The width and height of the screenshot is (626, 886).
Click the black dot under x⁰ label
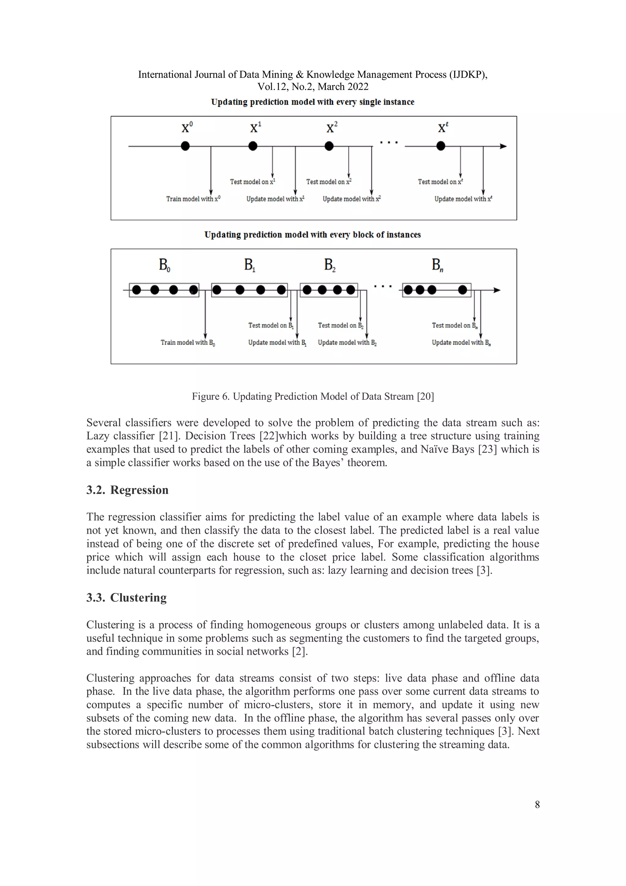(185, 146)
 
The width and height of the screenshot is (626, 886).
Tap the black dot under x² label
(329, 146)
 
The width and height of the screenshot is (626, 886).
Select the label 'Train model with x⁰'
(193, 199)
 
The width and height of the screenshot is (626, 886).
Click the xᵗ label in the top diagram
(443, 127)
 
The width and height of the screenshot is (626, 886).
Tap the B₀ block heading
(164, 265)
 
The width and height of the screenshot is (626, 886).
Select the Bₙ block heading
(437, 265)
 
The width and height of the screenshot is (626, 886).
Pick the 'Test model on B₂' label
(341, 325)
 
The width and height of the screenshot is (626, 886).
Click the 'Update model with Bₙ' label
(461, 342)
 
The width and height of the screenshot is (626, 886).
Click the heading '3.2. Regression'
(127, 490)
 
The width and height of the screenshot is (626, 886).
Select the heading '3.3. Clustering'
(127, 597)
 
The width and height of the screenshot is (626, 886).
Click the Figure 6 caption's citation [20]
(425, 396)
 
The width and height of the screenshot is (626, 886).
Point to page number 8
(537, 805)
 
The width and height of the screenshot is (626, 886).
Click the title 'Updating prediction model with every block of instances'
(312, 235)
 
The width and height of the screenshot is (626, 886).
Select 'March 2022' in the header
(343, 87)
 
